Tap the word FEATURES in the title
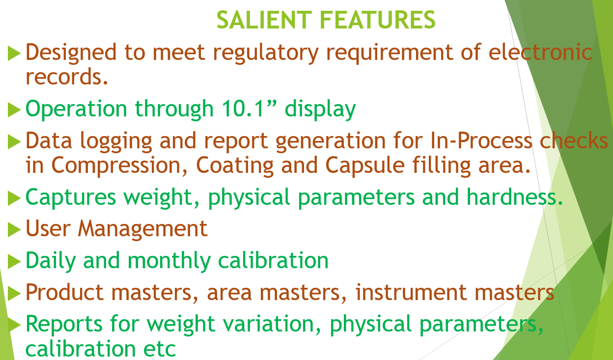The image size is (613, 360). pyautogui.click(x=377, y=20)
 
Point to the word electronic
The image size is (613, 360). pyautogui.click(x=540, y=52)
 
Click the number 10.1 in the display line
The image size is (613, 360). pyautogui.click(x=243, y=109)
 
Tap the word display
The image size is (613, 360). pyautogui.click(x=320, y=110)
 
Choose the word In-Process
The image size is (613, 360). pyautogui.click(x=481, y=140)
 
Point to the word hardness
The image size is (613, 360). pyautogui.click(x=514, y=196)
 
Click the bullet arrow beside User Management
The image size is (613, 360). pyautogui.click(x=15, y=229)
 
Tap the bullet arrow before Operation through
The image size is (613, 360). pyautogui.click(x=15, y=110)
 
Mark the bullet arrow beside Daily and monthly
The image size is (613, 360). pyautogui.click(x=15, y=261)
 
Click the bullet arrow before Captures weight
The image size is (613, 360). pyautogui.click(x=15, y=198)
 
